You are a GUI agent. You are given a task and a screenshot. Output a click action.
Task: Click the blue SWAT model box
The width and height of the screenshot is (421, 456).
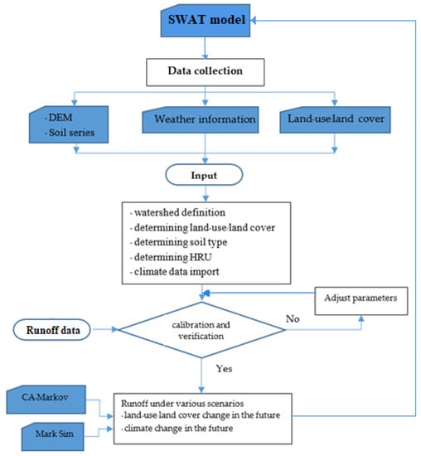[206, 21]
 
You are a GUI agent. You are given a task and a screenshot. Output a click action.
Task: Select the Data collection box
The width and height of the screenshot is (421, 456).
[206, 72]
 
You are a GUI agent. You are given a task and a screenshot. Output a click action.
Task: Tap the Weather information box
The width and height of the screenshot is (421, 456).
[201, 119]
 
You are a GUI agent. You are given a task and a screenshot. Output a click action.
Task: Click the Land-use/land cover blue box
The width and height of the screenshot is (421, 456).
[336, 119]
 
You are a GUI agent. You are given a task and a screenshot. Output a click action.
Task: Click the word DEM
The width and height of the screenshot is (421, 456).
[60, 118]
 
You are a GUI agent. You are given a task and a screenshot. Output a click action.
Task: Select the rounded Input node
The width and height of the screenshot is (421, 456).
[204, 175]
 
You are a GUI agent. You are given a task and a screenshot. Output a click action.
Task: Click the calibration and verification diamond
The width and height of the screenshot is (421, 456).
[201, 330]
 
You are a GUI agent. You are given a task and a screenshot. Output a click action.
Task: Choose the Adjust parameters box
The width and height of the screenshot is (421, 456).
[361, 301]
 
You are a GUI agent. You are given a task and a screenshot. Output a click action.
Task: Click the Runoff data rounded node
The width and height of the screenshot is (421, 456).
[51, 330]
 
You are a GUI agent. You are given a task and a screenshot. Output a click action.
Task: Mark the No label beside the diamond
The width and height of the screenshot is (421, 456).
[293, 318]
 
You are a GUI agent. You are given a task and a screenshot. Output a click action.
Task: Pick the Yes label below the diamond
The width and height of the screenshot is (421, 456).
[224, 368]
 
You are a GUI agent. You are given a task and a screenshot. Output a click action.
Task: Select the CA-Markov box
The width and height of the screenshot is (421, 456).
[46, 400]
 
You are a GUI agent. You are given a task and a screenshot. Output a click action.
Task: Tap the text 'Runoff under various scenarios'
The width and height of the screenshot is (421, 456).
[182, 404]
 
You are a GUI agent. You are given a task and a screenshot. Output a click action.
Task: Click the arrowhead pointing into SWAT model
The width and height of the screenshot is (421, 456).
[254, 20]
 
